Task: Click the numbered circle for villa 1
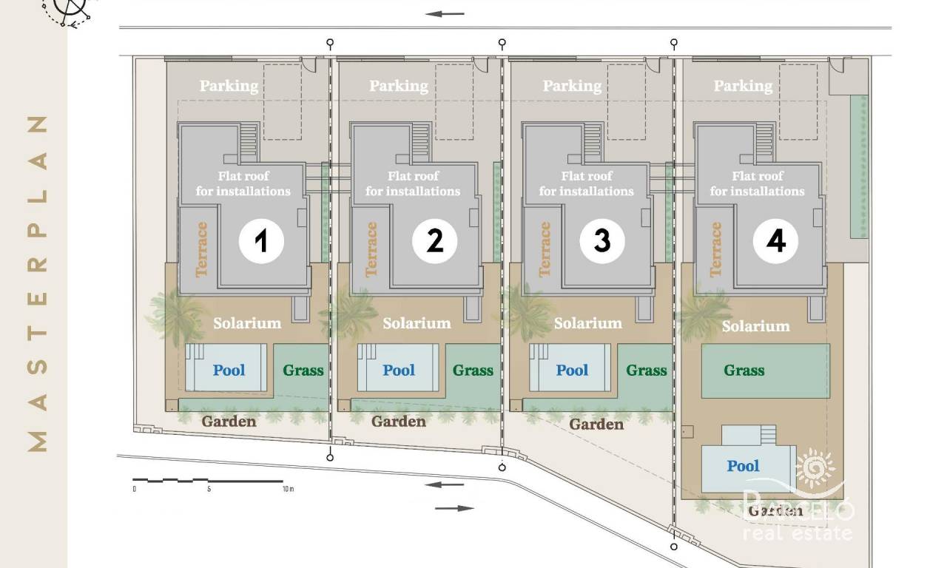coord(261,241)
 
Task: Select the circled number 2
coord(434,241)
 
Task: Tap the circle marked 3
coord(602,241)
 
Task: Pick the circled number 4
coord(775,241)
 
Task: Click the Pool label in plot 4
coord(743,466)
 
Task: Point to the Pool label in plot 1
coord(229,371)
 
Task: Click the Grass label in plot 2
coord(473,371)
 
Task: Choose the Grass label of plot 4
coord(744,371)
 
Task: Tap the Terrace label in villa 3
coord(545,249)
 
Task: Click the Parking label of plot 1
coord(229,86)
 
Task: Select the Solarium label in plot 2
coord(417,323)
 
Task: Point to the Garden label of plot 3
coord(596,424)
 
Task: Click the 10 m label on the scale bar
coord(289,489)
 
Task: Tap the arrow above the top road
coord(445,14)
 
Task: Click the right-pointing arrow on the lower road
coord(454,508)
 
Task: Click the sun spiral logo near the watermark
coord(815,468)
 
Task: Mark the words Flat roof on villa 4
coord(757,176)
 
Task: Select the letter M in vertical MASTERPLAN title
coord(37,442)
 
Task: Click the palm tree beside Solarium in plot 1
coord(175,315)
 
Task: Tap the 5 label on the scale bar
coord(209,489)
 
